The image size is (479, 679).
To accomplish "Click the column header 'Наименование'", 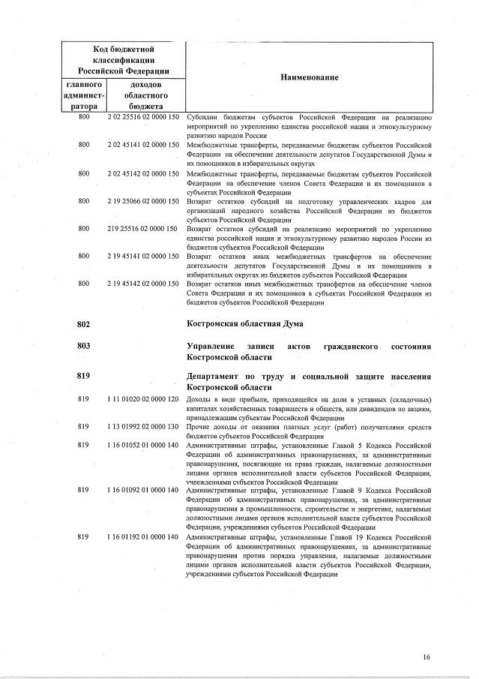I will click(309, 78).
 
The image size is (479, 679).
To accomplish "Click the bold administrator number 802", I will click(83, 324).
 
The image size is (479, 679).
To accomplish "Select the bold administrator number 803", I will click(83, 347).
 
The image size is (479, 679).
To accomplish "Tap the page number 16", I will click(426, 658).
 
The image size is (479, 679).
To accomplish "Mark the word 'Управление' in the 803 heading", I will click(213, 347).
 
